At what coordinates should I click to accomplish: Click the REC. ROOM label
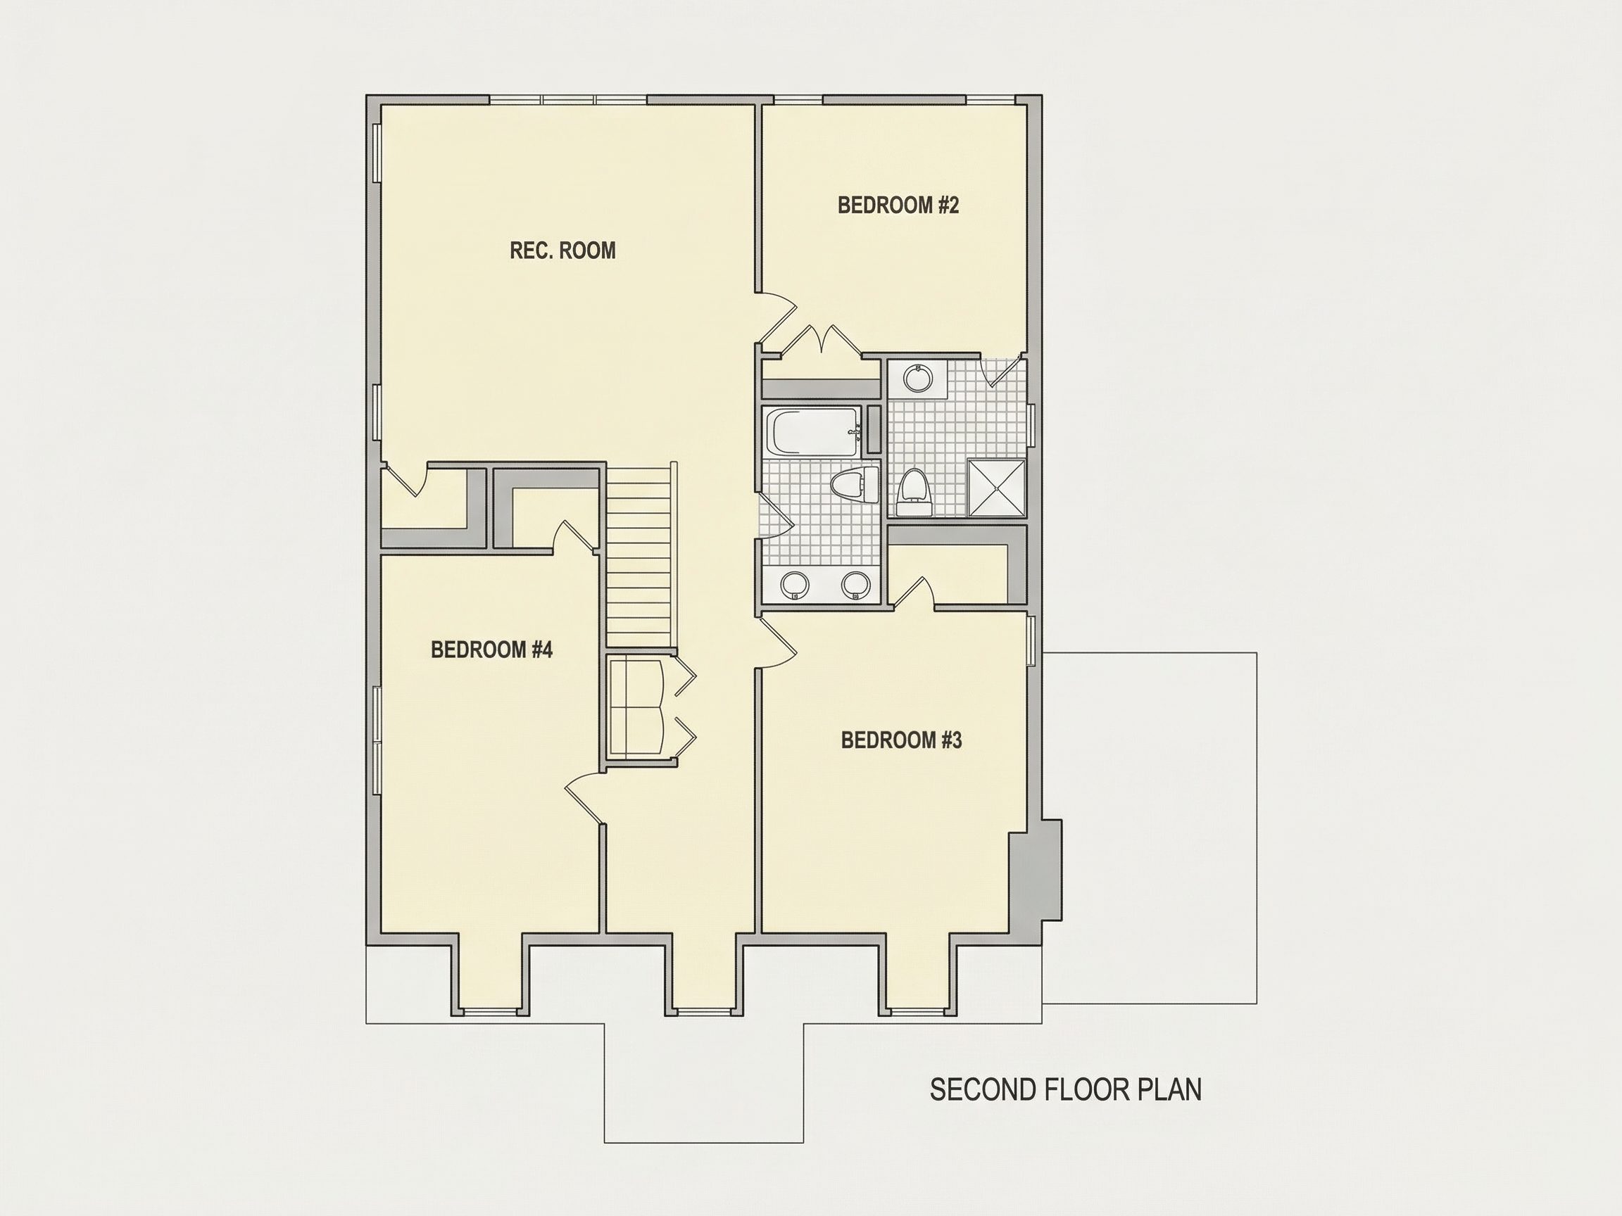click(562, 251)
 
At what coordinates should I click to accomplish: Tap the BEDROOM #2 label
click(898, 205)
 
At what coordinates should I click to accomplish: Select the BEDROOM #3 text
click(901, 740)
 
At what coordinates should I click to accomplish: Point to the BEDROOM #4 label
click(491, 650)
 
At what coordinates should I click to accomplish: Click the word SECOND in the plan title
click(983, 1090)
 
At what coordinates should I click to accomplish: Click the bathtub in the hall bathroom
click(812, 431)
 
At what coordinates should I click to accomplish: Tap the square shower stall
click(997, 488)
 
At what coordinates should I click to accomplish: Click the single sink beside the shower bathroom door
click(917, 378)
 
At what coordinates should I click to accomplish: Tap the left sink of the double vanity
click(795, 585)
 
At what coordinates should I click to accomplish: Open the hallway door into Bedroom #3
click(778, 642)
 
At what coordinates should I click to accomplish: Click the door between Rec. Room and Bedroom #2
click(777, 319)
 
